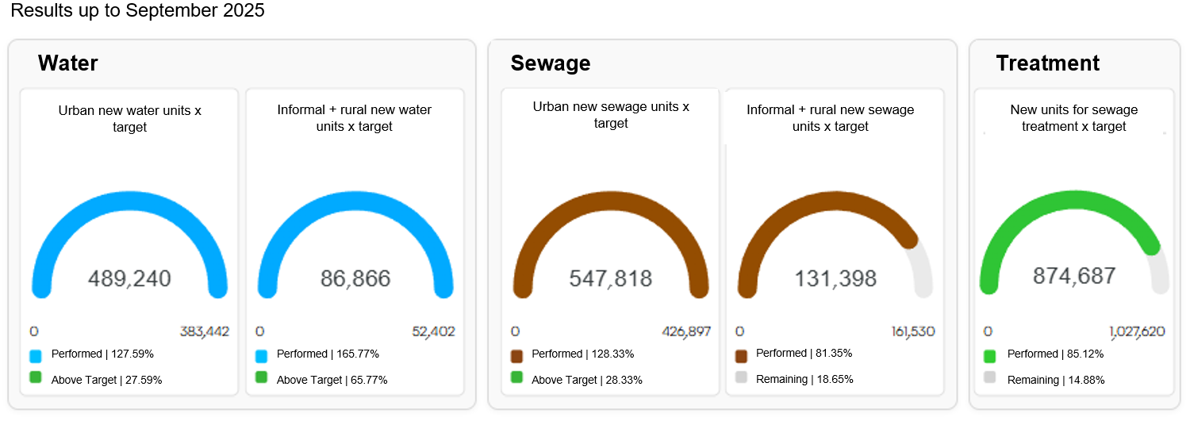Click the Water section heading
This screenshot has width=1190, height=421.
tap(67, 63)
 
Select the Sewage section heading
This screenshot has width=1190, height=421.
tap(551, 63)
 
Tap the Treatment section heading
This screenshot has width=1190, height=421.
tap(1047, 63)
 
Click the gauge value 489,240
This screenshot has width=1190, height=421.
tap(129, 278)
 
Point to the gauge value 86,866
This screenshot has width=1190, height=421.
tap(355, 278)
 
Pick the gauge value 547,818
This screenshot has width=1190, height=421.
tap(611, 278)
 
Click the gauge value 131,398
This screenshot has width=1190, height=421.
tap(835, 278)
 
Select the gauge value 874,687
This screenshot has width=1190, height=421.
tap(1074, 276)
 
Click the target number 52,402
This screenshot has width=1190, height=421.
tap(433, 331)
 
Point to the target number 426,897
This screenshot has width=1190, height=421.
tap(686, 331)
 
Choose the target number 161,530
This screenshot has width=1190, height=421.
tap(912, 331)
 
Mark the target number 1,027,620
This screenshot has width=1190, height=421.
tap(1137, 331)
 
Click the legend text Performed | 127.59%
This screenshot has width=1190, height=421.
tap(102, 354)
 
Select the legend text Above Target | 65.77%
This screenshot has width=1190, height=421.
tap(332, 380)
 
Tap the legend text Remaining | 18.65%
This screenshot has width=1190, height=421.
tap(804, 379)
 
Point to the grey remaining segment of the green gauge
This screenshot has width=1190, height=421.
tap(1160, 274)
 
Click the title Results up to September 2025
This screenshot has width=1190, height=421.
tap(137, 11)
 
